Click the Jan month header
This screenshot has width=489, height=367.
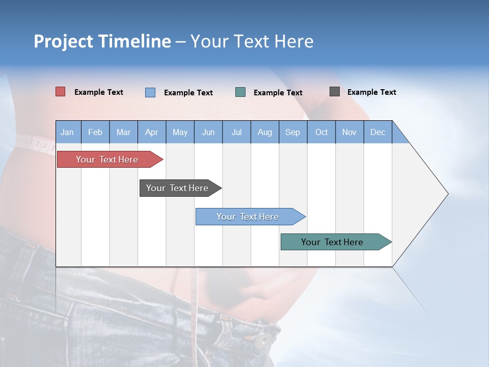pos(67,133)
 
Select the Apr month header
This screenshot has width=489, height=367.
pos(151,133)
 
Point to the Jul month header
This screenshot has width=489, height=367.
pos(236,133)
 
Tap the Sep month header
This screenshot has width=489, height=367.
pos(292,133)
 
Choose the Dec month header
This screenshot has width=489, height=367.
pos(377,133)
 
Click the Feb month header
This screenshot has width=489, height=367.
pos(95,133)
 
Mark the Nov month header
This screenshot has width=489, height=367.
pos(349,133)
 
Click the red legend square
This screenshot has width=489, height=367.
pos(61,92)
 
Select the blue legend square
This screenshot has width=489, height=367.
pos(150,92)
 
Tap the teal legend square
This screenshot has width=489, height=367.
pos(240,92)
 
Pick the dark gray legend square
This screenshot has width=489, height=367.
pos(335,92)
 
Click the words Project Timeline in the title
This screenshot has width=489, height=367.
pos(102,41)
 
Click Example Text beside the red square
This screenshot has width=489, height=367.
pos(99,92)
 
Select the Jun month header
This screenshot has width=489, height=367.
pos(208,133)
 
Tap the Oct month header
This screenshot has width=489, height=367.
pos(321,133)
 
